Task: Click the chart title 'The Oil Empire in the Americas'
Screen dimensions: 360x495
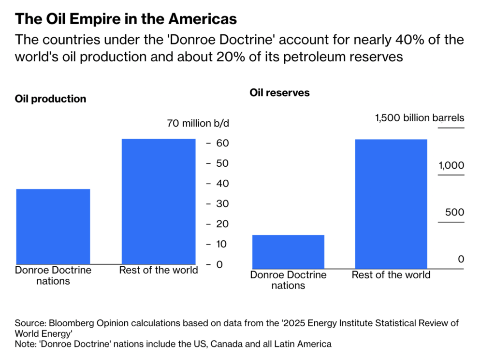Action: point(126,19)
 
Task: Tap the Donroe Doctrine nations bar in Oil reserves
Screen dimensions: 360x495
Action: point(288,252)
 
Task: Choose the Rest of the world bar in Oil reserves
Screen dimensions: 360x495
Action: point(391,204)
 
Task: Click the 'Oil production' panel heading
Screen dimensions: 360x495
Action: point(51,99)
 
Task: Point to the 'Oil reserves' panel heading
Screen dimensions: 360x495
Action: point(279,92)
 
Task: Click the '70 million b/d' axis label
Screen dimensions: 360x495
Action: point(198,123)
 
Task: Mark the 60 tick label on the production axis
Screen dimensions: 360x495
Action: point(222,144)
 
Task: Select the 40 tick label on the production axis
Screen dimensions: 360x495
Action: point(222,184)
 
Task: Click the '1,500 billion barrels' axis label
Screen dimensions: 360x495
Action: point(420,118)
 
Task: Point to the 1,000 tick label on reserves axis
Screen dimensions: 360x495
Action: point(451,166)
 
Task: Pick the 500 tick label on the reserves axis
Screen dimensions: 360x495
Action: point(454,213)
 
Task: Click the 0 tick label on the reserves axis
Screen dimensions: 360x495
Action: point(461,259)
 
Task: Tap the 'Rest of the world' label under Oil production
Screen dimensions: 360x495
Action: point(159,270)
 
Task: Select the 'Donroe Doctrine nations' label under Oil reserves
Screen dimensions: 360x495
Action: point(288,280)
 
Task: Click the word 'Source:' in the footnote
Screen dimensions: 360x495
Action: point(29,323)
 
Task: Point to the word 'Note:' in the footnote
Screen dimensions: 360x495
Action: point(26,344)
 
